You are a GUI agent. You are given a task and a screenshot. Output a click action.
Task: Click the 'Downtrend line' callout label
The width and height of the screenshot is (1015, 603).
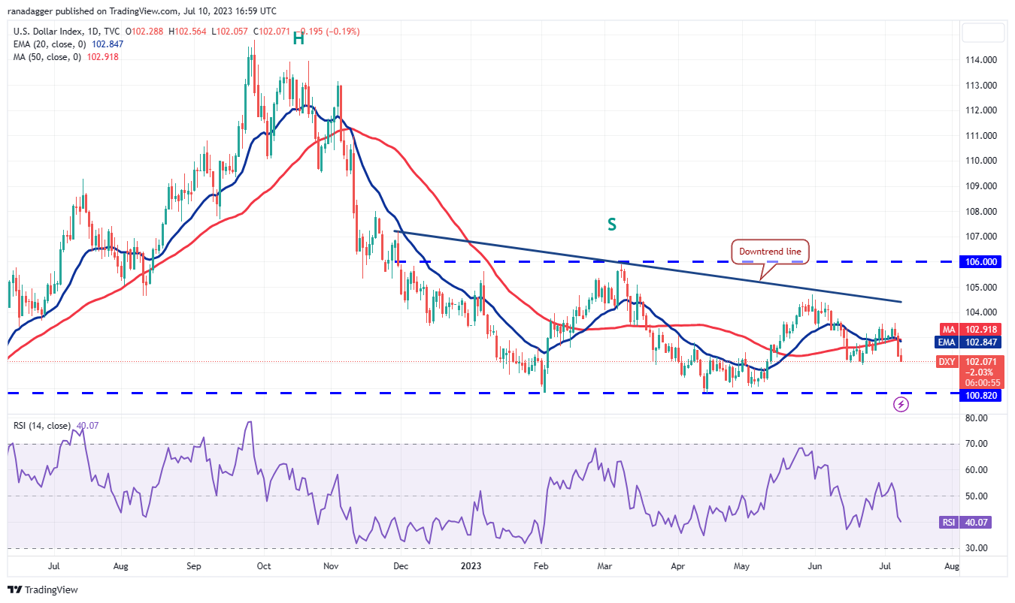coord(771,252)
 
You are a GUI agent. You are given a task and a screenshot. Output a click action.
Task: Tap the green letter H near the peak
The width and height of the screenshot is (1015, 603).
coord(298,39)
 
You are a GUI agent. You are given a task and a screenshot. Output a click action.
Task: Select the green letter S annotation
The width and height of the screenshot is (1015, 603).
coord(613,224)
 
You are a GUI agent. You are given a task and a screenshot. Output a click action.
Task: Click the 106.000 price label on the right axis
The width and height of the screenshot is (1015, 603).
coord(980,261)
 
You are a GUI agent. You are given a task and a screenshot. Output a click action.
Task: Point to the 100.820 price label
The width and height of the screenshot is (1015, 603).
coord(980,396)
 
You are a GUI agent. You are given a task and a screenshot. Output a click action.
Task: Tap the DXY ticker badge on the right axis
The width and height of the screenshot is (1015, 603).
coord(947,362)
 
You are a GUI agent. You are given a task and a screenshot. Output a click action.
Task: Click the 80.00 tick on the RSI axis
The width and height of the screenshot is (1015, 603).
coord(976,418)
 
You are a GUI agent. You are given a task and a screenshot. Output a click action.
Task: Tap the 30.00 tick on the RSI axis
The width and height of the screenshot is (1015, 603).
coord(976,548)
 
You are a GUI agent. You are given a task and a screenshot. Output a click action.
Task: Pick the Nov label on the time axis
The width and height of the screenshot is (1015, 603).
coord(332,565)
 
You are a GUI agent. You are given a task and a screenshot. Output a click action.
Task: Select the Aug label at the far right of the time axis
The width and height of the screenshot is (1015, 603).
coord(951,565)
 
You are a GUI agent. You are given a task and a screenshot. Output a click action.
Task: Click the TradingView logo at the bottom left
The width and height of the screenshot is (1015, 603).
coord(44,590)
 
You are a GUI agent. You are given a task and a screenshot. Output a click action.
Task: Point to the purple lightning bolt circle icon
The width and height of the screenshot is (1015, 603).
coord(901,405)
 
